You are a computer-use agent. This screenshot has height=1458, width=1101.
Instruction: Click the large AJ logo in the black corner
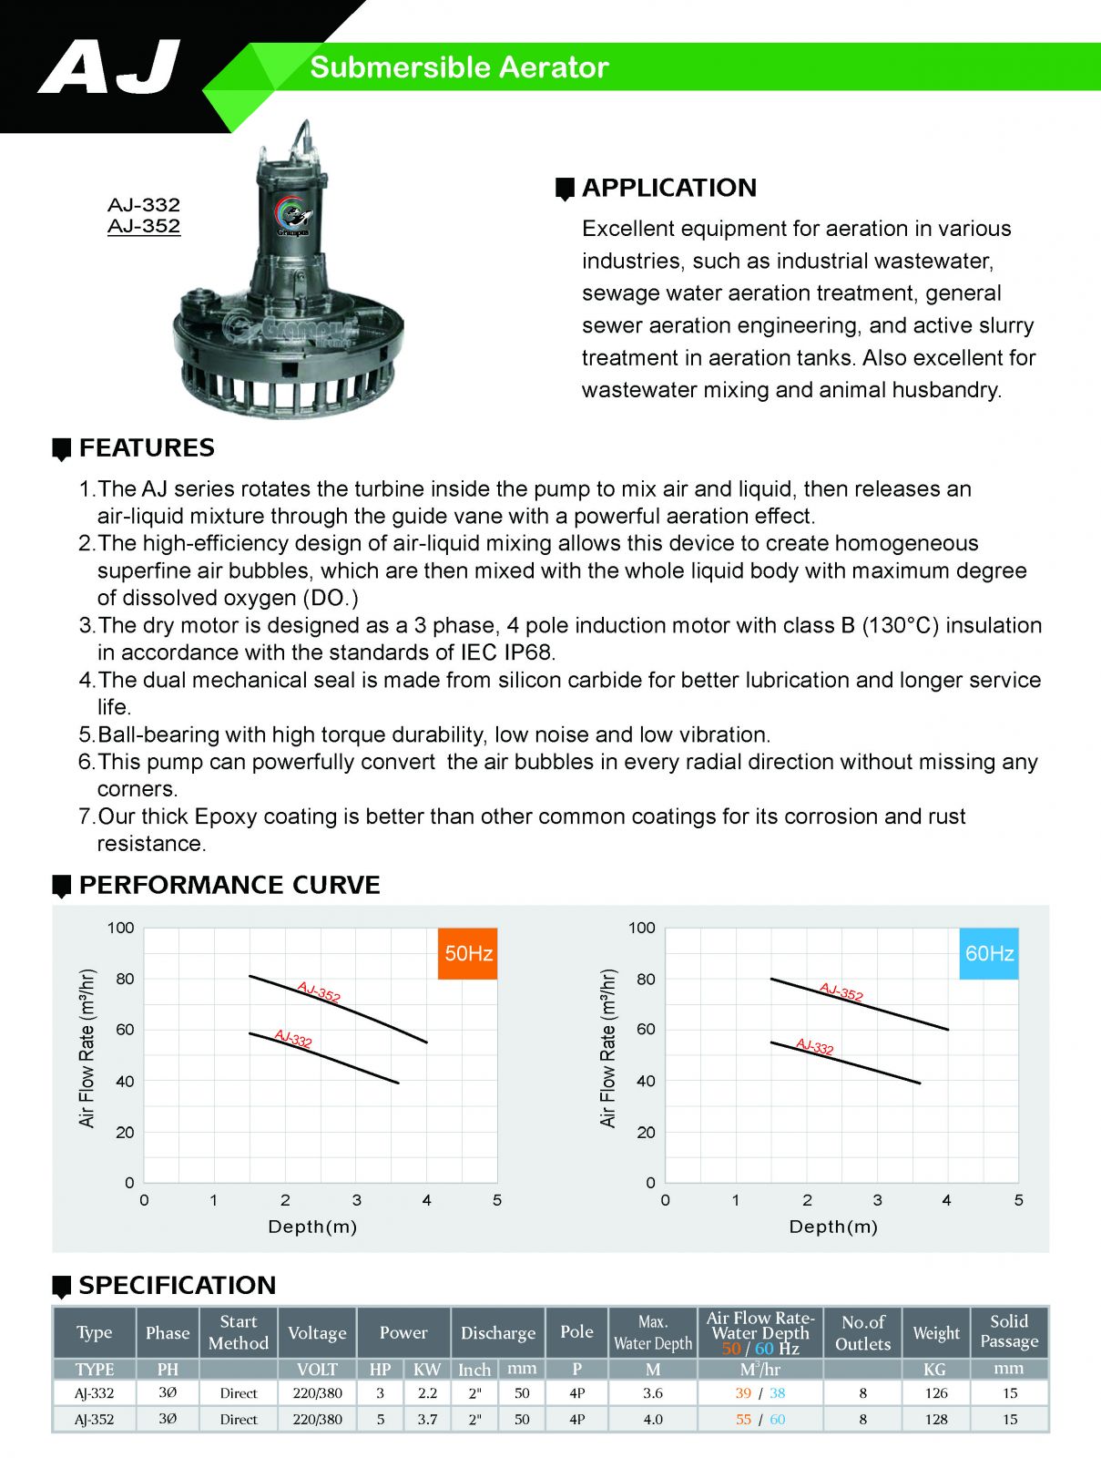[x=109, y=67]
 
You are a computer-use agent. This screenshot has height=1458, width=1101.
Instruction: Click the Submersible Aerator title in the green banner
[x=459, y=67]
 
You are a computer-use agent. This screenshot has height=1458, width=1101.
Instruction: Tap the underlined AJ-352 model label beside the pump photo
[x=144, y=226]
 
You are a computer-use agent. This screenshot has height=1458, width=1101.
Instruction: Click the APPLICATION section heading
[x=668, y=188]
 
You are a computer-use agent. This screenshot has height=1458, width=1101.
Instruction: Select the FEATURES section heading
[x=147, y=448]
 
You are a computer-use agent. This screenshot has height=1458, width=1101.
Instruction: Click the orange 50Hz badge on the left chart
[x=468, y=953]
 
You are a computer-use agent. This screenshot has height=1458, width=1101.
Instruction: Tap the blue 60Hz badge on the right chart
[x=989, y=953]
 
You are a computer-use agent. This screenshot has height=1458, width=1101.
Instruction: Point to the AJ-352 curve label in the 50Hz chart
[x=319, y=992]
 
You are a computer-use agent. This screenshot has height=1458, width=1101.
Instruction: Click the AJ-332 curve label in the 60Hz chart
[x=815, y=1046]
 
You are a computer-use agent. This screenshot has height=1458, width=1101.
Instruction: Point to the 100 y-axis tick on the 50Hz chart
[x=120, y=928]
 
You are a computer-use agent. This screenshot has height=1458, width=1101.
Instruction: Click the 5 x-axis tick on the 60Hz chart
[x=1018, y=1200]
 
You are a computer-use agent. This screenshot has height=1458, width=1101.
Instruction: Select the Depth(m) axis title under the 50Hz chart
[x=312, y=1227]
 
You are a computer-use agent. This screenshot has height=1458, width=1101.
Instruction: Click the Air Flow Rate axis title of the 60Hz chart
[x=608, y=1048]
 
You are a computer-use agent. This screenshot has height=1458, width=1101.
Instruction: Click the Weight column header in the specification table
[x=936, y=1332]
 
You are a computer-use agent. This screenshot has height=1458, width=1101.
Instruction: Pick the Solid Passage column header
[x=1009, y=1331]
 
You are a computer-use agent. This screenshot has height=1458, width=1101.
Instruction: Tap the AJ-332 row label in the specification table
[x=95, y=1392]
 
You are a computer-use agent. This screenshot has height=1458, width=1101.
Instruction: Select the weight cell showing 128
[x=936, y=1419]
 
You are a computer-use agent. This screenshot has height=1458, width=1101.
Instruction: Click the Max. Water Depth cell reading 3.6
[x=653, y=1392]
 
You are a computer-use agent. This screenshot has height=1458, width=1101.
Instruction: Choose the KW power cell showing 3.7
[x=427, y=1419]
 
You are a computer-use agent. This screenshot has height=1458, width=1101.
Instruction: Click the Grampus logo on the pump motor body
[x=292, y=216]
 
